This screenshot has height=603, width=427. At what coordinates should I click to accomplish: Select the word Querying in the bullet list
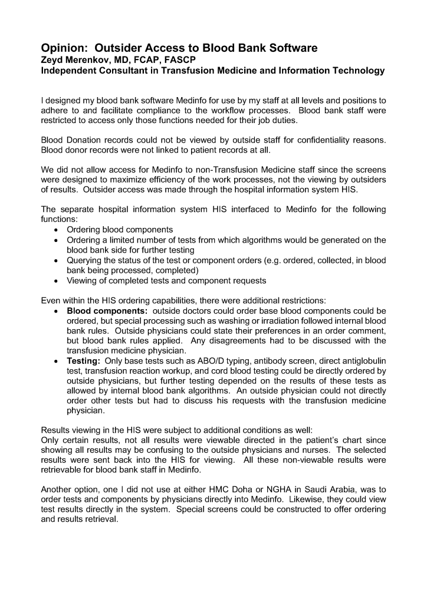(86, 260)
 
